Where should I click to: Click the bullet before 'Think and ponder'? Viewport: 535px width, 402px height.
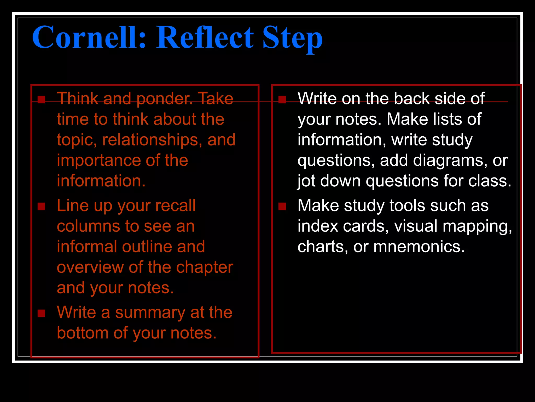point(41,100)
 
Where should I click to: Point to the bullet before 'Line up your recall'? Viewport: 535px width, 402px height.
point(41,206)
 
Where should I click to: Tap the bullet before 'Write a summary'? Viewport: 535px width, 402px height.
point(41,313)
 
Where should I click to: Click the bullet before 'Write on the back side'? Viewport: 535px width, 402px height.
point(282,100)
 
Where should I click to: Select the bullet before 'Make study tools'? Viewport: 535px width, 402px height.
point(282,206)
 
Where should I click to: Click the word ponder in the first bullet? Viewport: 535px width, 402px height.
point(164,99)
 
